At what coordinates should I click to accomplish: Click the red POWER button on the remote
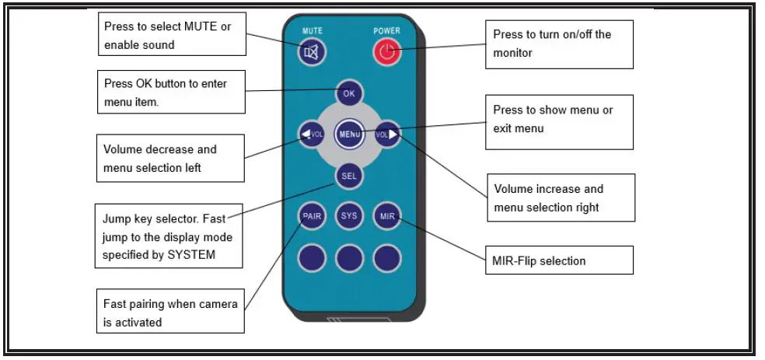387,51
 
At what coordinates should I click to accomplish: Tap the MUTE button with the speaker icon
313,51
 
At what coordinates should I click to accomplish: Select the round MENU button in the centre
349,134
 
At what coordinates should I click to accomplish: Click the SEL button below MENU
349,176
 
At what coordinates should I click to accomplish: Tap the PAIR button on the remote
313,215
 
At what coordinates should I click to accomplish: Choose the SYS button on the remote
349,215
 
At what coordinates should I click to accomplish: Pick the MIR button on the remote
387,215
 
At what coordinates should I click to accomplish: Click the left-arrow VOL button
313,134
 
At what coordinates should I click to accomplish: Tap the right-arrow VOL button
387,134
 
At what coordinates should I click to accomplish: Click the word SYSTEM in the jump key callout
191,255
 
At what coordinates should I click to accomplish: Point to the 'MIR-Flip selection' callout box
559,260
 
